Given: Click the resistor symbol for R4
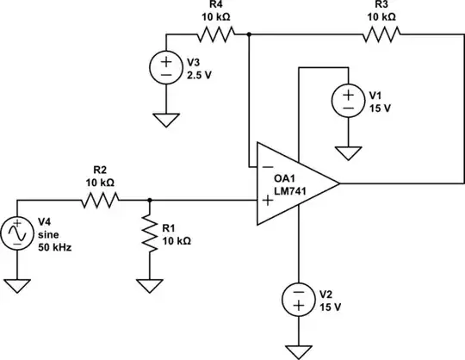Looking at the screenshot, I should [x=215, y=34].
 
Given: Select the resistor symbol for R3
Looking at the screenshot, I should [x=381, y=34].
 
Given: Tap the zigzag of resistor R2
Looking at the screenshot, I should [x=99, y=200].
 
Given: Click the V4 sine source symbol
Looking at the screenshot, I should [x=17, y=233].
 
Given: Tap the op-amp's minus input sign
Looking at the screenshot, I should [x=269, y=166].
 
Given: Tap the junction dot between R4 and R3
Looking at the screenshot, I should [x=249, y=34].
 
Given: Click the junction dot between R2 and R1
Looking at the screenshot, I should [x=150, y=200].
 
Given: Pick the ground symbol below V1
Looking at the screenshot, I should [x=349, y=153].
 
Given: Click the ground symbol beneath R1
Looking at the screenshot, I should [x=150, y=284].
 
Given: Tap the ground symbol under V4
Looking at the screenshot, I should [x=17, y=284].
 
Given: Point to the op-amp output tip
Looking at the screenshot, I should [x=339, y=183].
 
